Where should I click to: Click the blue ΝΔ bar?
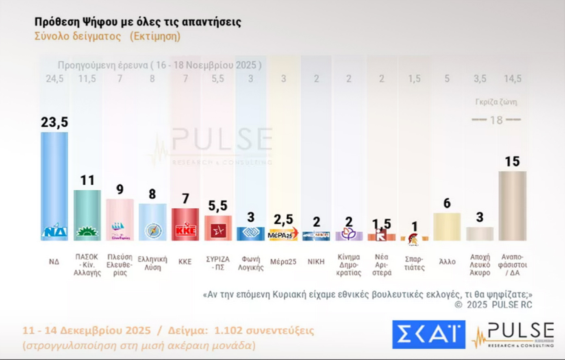pos(54,183)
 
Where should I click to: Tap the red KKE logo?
pos(185,231)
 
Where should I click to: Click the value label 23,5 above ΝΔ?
pos(54,122)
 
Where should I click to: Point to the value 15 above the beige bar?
pos(512,161)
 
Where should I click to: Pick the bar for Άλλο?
pos(447,227)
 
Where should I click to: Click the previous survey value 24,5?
pos(54,79)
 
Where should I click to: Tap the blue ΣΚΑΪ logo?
pos(428,334)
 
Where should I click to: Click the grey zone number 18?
pos(496,120)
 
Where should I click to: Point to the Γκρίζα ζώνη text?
pos(496,102)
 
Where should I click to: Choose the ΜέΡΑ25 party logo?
pos(283,234)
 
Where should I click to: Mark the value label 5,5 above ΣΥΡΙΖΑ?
pos(218,206)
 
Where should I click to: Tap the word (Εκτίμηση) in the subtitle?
pos(155,36)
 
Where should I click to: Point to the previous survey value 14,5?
pos(513,79)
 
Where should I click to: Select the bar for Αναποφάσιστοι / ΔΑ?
pos(512,205)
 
